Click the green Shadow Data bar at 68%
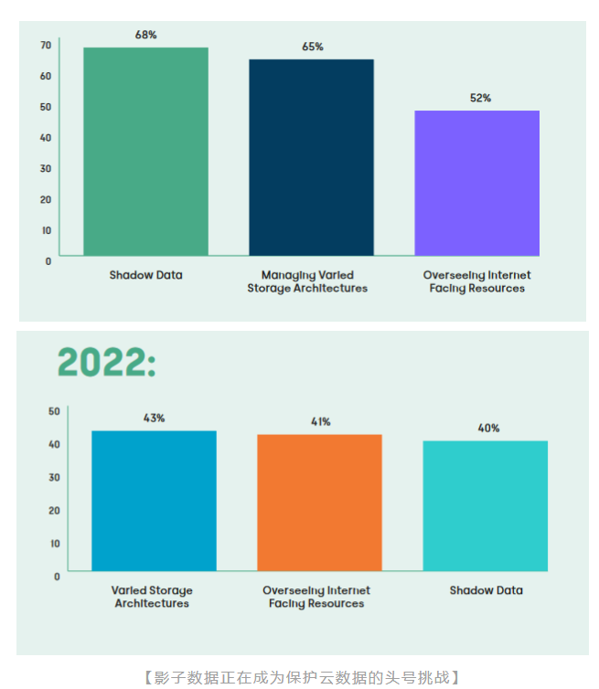[x=145, y=151]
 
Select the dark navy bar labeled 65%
[x=311, y=157]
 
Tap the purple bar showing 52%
[x=476, y=183]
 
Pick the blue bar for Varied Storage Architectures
[x=154, y=501]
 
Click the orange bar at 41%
[x=319, y=503]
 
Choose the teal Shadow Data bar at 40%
[x=485, y=505]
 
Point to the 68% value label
[x=145, y=35]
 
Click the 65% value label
[x=312, y=47]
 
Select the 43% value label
[x=154, y=418]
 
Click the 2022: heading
[x=106, y=363]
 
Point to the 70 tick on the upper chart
[x=46, y=45]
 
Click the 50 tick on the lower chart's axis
[x=54, y=411]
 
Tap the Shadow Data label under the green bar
[x=145, y=275]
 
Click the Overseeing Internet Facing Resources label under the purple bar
[x=476, y=281]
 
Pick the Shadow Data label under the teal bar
[x=486, y=590]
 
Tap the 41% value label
[x=320, y=421]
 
